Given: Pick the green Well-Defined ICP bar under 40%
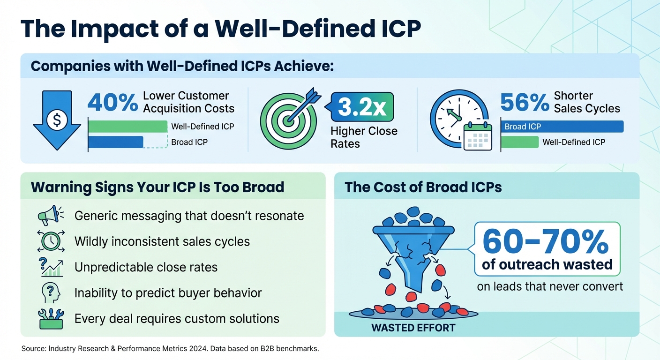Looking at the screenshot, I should (x=127, y=127).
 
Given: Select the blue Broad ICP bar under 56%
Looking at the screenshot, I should (x=562, y=127).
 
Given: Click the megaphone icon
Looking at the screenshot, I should (x=49, y=215).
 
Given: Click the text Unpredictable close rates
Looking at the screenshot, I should (x=146, y=267).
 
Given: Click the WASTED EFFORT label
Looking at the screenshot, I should (x=413, y=328).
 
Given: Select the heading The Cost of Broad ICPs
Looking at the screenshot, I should (x=423, y=187).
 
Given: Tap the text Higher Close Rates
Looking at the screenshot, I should (x=364, y=137).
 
